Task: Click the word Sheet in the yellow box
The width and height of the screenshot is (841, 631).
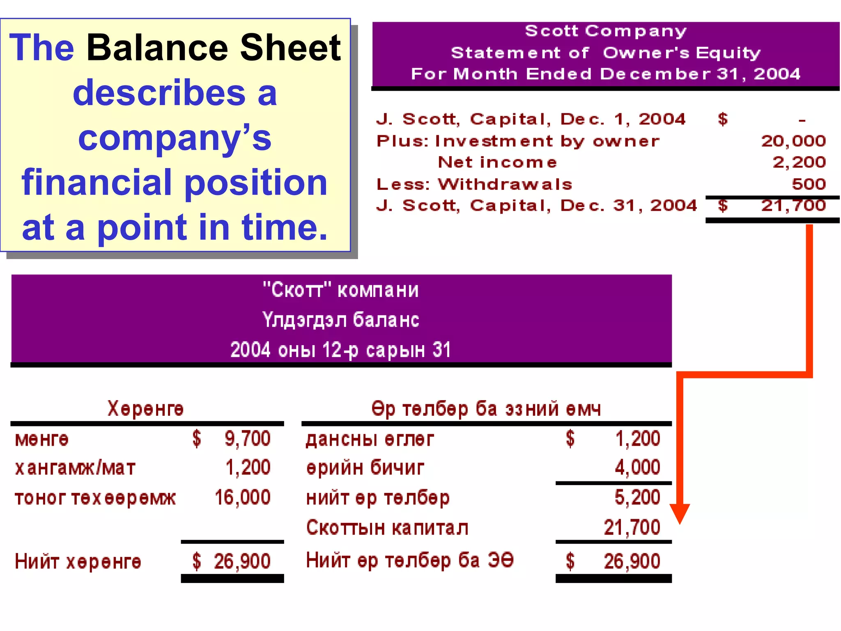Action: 290,48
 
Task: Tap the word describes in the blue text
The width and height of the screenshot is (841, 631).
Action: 159,93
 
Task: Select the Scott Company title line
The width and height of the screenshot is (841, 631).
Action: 606,31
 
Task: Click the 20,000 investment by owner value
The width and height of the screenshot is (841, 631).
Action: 793,141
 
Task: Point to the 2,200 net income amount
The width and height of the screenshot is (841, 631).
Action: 799,162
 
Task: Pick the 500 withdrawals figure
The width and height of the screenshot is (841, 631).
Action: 809,184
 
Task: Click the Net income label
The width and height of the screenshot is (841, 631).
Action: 497,162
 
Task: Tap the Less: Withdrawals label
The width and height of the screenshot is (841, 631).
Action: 474,184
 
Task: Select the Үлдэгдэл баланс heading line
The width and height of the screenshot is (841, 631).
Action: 341,320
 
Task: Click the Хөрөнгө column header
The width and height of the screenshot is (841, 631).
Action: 146,409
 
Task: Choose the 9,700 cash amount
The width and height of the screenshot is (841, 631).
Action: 247,439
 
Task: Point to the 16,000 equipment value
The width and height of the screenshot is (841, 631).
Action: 242,497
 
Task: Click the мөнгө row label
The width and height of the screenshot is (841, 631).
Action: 41,440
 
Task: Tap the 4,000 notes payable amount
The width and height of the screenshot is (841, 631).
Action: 637,467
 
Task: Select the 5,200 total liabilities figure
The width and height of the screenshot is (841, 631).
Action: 637,497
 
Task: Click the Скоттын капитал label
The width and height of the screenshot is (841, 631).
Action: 387,528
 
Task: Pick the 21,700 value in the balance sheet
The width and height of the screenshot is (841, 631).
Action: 632,528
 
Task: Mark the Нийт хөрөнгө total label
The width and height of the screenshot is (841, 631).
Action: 78,562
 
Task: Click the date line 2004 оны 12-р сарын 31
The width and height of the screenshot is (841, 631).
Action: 341,350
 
